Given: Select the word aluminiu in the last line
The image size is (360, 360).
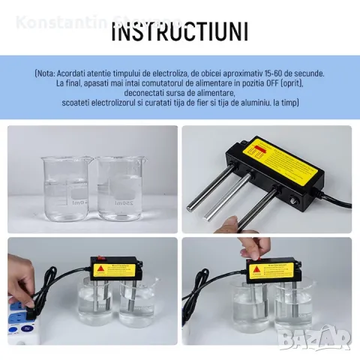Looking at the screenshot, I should point(259,103).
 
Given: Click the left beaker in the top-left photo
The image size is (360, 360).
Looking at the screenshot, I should point(66,187).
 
